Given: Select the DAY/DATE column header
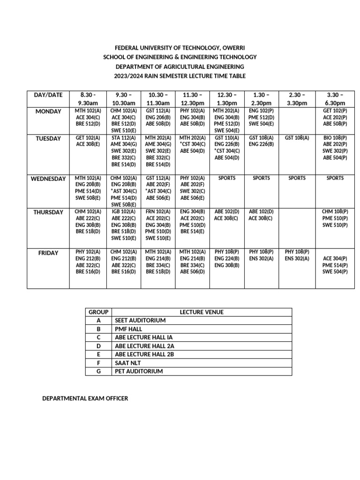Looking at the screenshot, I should [48, 95].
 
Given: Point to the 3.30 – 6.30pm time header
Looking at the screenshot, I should [335, 99].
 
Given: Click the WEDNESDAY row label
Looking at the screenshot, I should [48, 179].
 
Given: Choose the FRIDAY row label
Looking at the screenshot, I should [48, 253].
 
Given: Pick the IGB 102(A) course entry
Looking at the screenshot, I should [124, 212].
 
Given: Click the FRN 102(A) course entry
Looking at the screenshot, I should [158, 212].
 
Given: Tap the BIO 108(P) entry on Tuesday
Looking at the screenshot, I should [335, 138].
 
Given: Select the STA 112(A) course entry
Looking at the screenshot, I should [124, 138].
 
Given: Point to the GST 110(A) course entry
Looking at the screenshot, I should [226, 138].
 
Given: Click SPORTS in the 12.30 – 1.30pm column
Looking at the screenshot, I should [226, 178].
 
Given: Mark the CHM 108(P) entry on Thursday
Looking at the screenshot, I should [335, 212].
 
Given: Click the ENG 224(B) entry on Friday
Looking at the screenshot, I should [226, 258].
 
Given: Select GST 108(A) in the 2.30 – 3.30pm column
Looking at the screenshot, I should [297, 138].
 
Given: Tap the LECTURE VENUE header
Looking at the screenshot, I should [202, 312].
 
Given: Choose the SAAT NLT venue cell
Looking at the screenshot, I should [128, 363].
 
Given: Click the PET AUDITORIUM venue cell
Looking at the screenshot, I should [139, 371].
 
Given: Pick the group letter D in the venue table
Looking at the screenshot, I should [99, 346].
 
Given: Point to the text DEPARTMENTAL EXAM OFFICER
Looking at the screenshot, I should [85, 398].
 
